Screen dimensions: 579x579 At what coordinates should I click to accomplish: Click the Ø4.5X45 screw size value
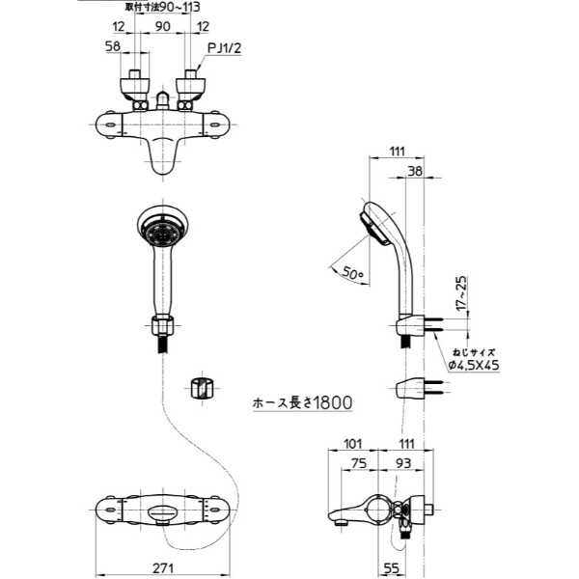point(474,365)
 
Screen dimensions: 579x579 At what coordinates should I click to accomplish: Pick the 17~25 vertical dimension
point(465,290)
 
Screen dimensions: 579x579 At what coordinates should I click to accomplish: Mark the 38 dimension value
point(414,171)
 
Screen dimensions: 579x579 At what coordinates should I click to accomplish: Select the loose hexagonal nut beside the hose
point(200,388)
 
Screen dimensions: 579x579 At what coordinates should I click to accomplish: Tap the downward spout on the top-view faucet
point(165,161)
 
